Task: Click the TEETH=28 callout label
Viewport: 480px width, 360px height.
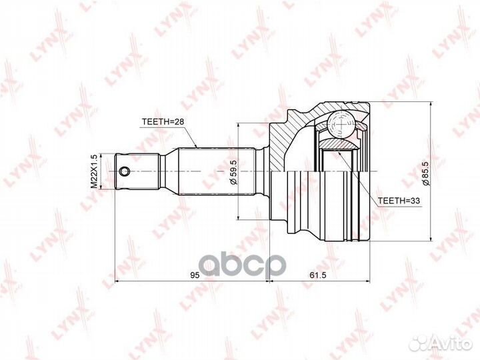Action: point(163,121)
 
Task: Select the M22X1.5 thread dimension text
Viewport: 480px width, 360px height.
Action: point(95,172)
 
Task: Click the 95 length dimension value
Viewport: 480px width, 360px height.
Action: point(194,275)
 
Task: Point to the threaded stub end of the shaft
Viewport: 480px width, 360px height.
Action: point(137,172)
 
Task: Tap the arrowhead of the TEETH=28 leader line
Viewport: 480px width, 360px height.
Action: point(196,147)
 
